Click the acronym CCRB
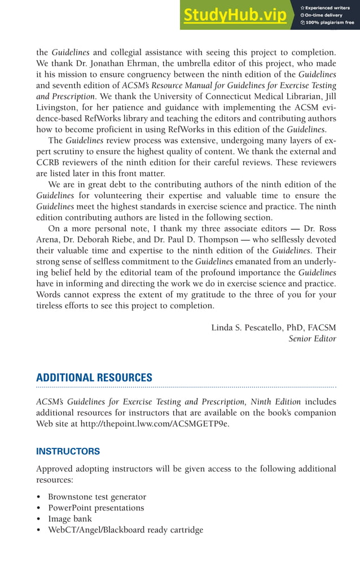pyautogui.click(x=49, y=163)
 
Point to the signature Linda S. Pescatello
pyautogui.click(x=254, y=328)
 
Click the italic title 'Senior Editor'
pyautogui.click(x=312, y=339)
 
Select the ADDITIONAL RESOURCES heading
pyautogui.click(x=94, y=378)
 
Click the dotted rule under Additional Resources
pyautogui.click(x=186, y=388)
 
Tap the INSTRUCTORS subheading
pyautogui.click(x=68, y=451)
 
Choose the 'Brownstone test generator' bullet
pyautogui.click(x=96, y=497)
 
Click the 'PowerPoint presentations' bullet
pyautogui.click(x=95, y=508)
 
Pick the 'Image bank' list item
pyautogui.click(x=69, y=519)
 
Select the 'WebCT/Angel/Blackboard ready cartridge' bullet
pyautogui.click(x=125, y=530)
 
